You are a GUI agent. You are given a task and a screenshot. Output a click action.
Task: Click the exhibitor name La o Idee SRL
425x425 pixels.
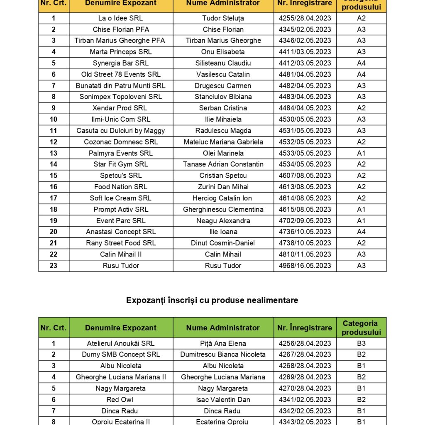pos(120,18)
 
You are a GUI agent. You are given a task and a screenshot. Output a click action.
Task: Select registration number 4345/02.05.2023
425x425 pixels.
pos(305,29)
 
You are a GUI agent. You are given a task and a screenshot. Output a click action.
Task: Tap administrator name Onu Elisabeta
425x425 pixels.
pos(223,52)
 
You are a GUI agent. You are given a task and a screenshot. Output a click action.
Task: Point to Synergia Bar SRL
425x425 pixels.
pos(120,63)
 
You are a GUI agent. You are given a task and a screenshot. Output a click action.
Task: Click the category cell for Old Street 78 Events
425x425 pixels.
pos(361,74)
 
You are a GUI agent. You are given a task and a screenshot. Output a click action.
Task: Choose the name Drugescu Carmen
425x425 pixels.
pos(223,85)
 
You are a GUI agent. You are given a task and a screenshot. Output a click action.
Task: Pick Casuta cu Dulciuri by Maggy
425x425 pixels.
pos(120,130)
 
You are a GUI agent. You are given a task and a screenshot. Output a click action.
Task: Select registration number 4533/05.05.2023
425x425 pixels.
pos(305,153)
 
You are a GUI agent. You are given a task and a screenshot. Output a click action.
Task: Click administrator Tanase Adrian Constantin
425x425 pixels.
pos(223,164)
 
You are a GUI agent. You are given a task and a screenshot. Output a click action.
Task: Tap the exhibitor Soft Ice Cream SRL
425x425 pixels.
pos(120,198)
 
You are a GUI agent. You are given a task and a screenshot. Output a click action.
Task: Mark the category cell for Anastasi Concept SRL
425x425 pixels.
pos(361,232)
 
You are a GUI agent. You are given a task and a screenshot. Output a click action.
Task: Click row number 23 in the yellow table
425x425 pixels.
pos(54,266)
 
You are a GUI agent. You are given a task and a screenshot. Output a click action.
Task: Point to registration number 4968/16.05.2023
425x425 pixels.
pos(305,266)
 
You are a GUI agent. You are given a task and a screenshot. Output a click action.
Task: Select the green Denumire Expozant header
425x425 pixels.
pos(120,328)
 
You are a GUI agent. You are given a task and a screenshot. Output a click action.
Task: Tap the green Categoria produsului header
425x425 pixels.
pos(361,328)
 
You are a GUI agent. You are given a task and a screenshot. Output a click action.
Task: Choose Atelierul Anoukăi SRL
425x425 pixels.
pos(120,343)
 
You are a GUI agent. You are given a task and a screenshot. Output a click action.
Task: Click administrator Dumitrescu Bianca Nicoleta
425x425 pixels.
pos(223,354)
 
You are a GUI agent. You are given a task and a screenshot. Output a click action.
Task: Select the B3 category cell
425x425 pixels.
pos(361,343)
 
